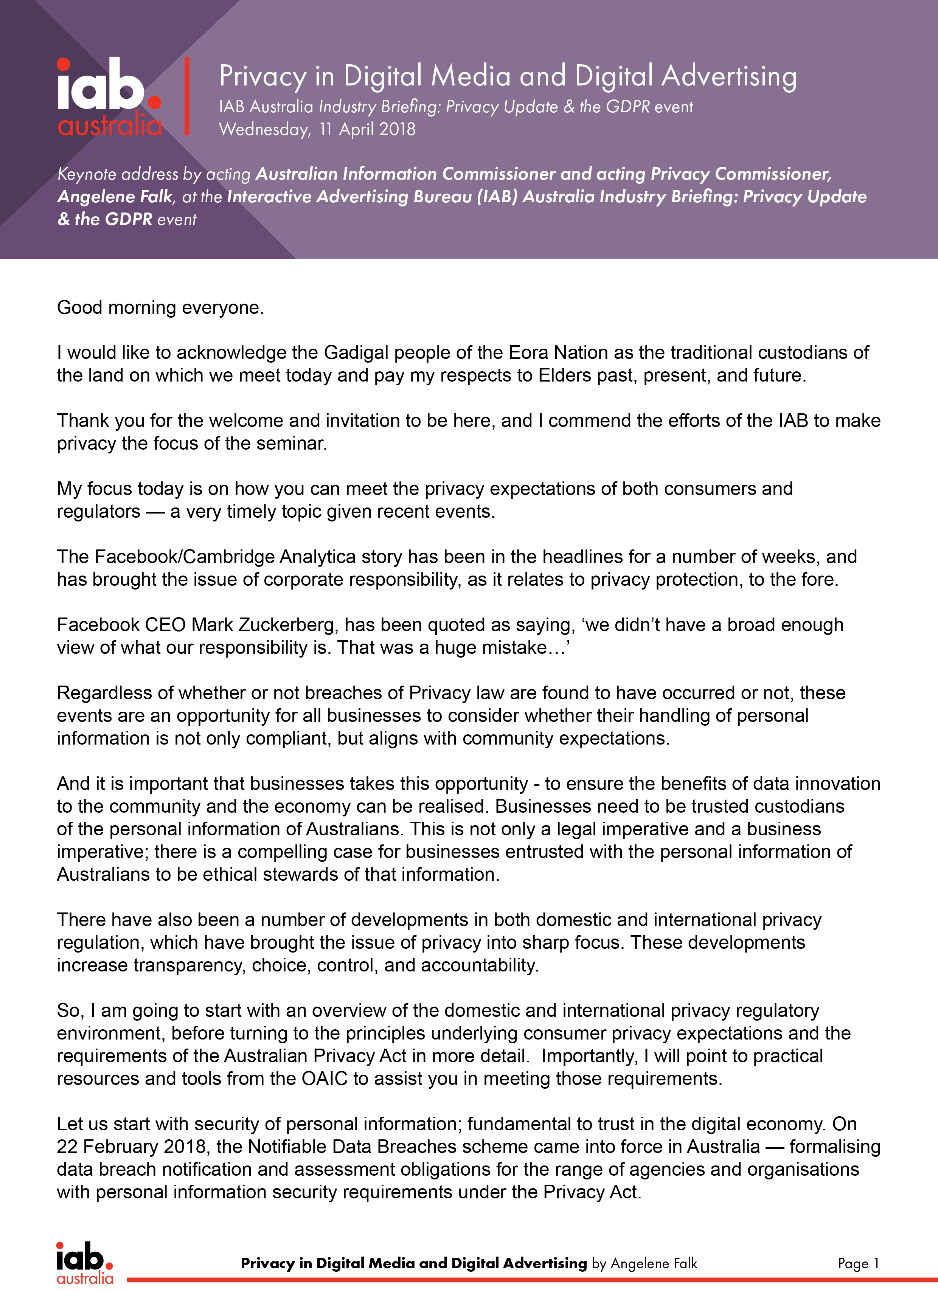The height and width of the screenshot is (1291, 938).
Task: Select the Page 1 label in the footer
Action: point(858,1264)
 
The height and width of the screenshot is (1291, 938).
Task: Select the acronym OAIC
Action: point(325,1079)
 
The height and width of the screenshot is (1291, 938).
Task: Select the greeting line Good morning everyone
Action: point(160,308)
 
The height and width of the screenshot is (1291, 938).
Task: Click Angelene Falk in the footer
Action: point(654,1264)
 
